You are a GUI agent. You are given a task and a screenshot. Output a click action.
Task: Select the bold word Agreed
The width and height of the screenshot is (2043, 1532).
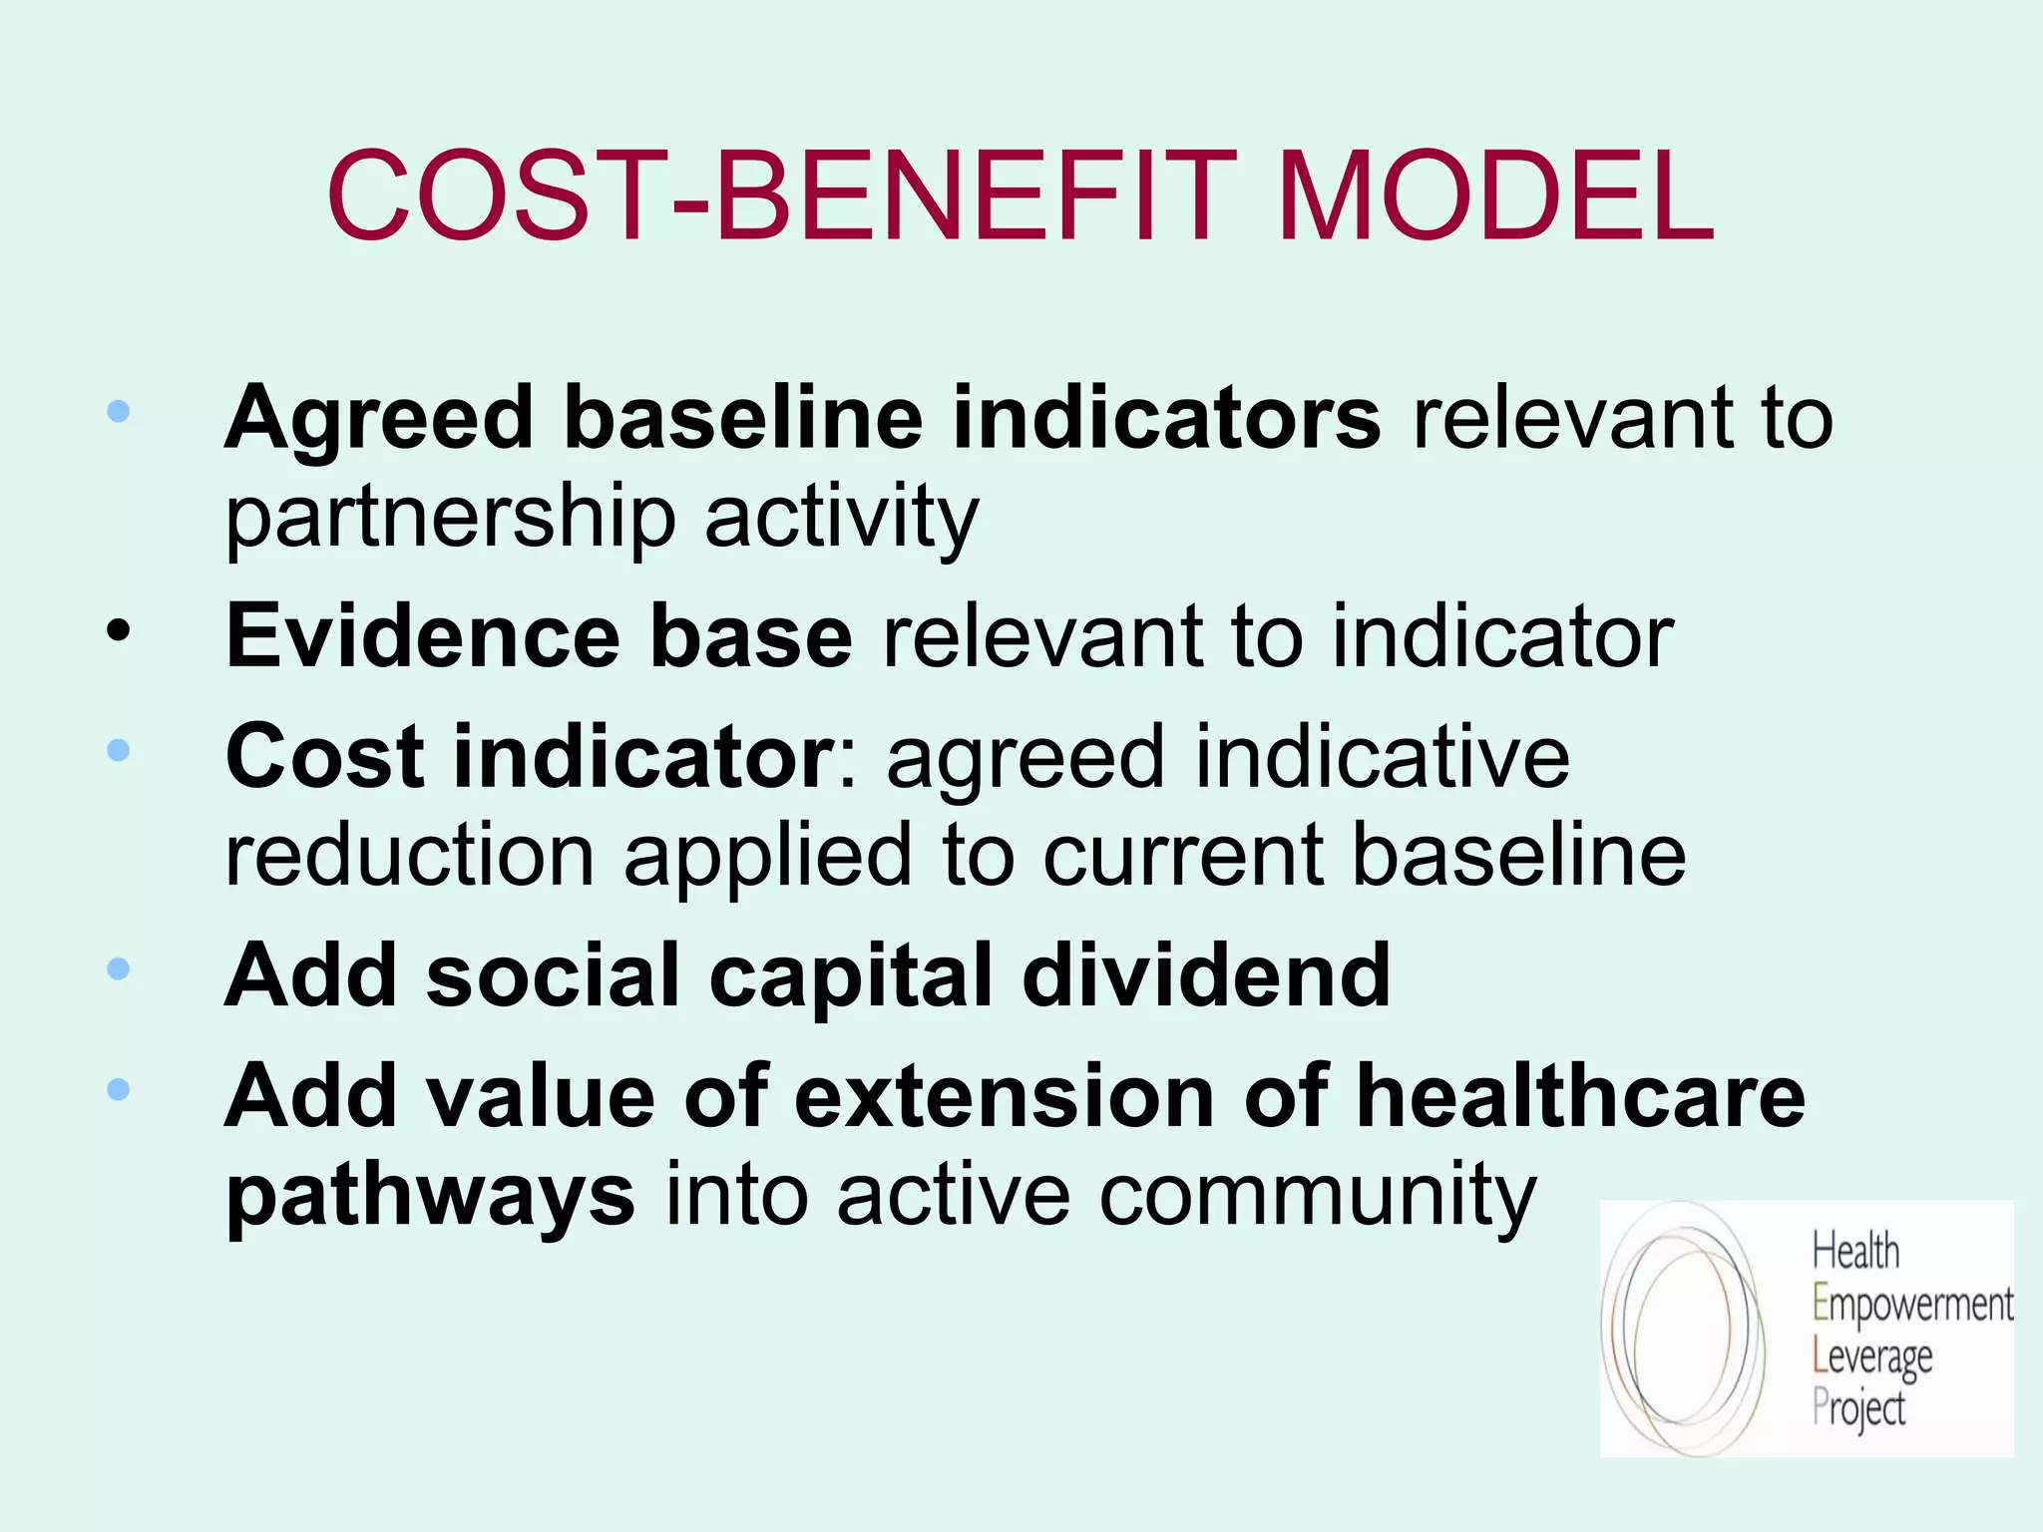coord(379,419)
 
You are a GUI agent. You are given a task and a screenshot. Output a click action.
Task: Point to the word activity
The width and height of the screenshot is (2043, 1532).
coord(842,519)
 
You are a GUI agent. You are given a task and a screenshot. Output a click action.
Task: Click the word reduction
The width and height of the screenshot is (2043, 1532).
coord(410,855)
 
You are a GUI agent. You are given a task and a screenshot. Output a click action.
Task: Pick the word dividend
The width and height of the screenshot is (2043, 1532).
coord(1206,974)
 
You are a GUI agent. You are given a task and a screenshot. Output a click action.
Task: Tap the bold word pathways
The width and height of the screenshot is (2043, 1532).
coord(430,1195)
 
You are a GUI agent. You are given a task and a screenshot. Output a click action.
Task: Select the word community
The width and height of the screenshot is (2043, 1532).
coord(1318,1195)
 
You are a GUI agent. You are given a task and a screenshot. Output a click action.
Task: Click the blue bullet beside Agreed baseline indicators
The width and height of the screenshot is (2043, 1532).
coord(119,411)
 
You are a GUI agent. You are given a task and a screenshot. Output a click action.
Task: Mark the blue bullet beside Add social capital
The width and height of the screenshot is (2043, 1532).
coord(119,968)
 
